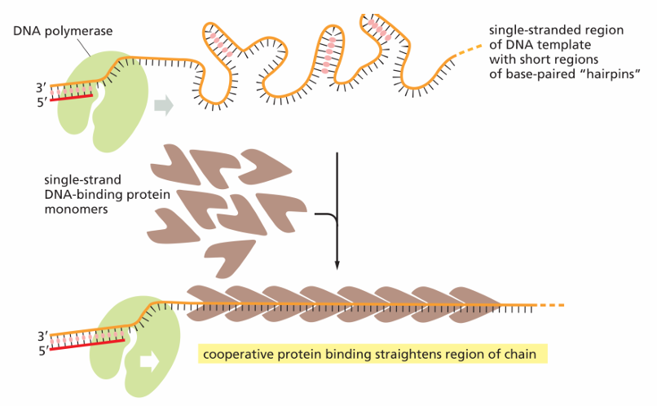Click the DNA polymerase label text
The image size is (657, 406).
point(63,32)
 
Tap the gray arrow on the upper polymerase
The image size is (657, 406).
point(164,104)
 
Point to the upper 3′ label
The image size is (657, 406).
point(41,87)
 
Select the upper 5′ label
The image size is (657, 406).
point(42,102)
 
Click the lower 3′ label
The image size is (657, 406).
point(43,336)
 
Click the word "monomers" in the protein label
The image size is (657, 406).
point(77,209)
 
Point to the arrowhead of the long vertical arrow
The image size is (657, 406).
point(337,266)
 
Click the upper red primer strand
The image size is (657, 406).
point(71,98)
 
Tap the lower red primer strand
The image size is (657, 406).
point(87,344)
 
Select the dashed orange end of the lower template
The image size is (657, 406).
point(551,305)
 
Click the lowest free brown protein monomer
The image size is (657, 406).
point(230,258)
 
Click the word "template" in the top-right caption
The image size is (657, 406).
point(564,46)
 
